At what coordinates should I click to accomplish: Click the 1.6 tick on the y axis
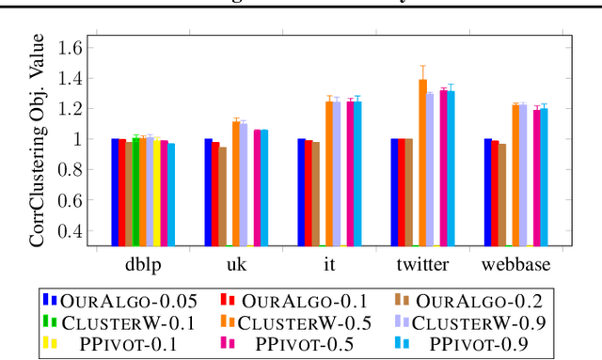pos(71,47)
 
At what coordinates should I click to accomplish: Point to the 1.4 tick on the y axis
pos(71,78)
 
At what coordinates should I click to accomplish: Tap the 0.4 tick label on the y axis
pos(71,231)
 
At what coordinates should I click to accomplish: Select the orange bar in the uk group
pos(236,183)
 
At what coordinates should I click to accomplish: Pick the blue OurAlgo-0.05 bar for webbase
pos(487,193)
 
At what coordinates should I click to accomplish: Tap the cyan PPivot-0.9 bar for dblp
pos(171,195)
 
